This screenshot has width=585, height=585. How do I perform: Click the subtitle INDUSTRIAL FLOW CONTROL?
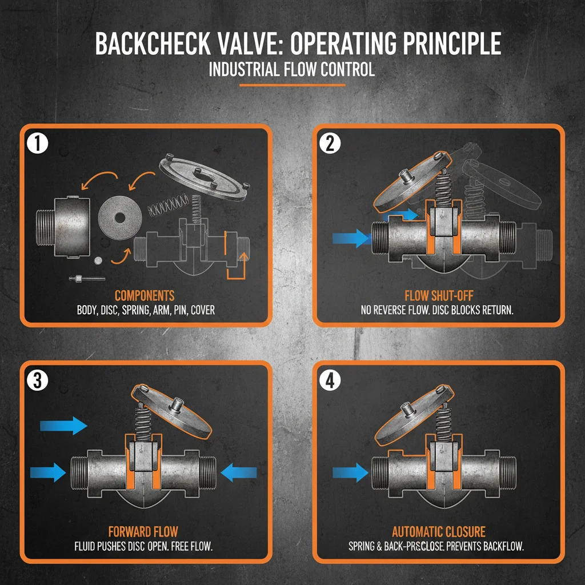tap(292, 70)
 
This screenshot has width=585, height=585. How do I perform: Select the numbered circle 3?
tap(37, 381)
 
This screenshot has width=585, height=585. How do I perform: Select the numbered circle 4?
tap(330, 381)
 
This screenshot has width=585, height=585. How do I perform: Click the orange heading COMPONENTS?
tap(145, 296)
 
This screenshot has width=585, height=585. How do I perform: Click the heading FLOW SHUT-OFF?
tap(438, 296)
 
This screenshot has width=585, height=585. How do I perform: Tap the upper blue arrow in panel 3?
tap(63, 425)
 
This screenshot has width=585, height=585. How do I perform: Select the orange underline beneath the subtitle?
tap(292, 85)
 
